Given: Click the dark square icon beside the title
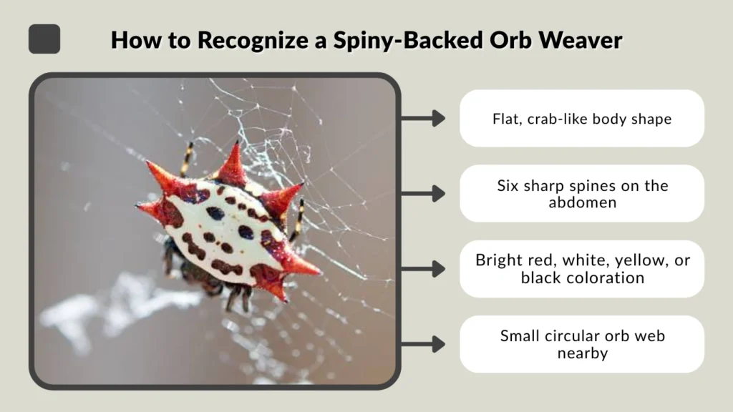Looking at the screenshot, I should (44, 39).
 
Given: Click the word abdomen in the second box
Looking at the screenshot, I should (581, 202).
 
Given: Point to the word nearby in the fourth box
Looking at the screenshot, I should (581, 353).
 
